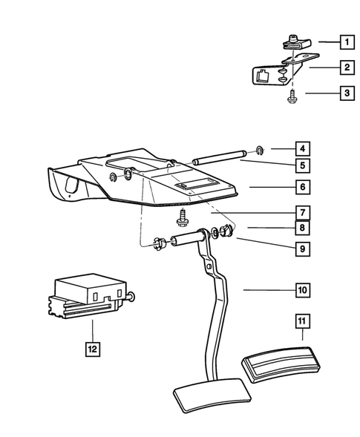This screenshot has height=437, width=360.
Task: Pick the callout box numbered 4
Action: pyautogui.click(x=302, y=147)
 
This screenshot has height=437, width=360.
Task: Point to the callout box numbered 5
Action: pyautogui.click(x=302, y=165)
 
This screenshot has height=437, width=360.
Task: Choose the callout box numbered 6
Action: pyautogui.click(x=302, y=187)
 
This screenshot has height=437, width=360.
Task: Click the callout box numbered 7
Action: pyautogui.click(x=302, y=212)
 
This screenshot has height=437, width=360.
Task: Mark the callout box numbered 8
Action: pyautogui.click(x=302, y=227)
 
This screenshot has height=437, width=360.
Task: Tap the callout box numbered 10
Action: pyautogui.click(x=302, y=290)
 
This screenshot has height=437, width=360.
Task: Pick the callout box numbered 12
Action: pyautogui.click(x=91, y=346)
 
